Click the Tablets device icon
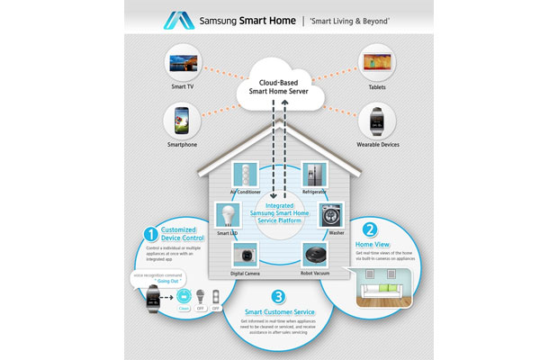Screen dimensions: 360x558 point(375,64)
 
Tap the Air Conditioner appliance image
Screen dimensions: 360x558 point(246,175)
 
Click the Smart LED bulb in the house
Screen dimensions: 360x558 point(229,214)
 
